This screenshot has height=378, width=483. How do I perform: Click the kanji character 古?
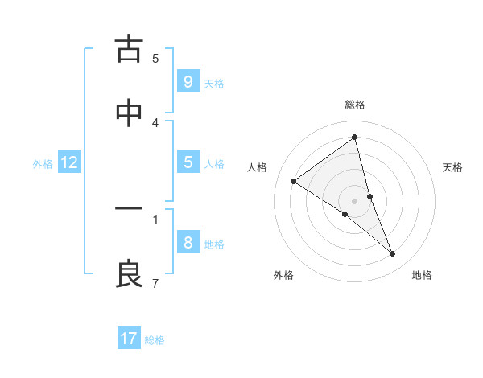click(x=129, y=50)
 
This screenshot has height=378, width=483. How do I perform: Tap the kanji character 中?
click(x=129, y=113)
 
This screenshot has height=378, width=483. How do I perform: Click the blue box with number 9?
click(x=188, y=81)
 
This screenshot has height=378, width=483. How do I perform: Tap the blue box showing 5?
click(x=188, y=162)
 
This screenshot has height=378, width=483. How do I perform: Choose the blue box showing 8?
click(x=188, y=242)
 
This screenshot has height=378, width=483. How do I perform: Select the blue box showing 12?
click(x=68, y=162)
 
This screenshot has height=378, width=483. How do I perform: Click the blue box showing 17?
click(x=129, y=339)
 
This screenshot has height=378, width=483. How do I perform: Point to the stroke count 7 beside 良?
click(x=155, y=283)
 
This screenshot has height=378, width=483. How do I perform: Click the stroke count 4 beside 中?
click(x=155, y=122)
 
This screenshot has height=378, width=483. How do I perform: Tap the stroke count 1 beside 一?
click(x=155, y=218)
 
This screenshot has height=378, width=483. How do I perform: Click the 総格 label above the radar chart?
click(x=355, y=105)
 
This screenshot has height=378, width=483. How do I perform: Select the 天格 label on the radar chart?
click(x=452, y=167)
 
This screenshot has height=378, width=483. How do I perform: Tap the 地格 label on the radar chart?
click(x=422, y=275)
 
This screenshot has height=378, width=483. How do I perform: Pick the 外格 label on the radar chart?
click(x=283, y=275)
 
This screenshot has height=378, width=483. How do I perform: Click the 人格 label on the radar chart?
click(x=258, y=167)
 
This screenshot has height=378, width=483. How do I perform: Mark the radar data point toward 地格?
click(x=393, y=254)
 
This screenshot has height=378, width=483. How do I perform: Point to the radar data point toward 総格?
click(x=355, y=138)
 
